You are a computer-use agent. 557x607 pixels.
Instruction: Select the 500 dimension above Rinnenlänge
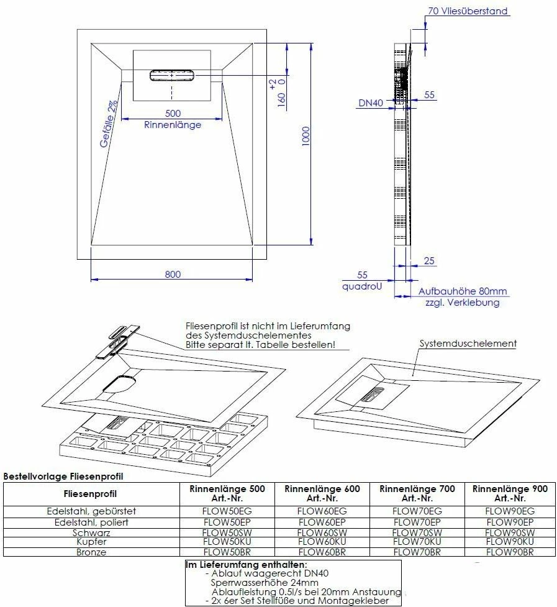pyautogui.click(x=173, y=113)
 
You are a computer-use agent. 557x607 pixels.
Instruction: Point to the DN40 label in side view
pyautogui.click(x=370, y=103)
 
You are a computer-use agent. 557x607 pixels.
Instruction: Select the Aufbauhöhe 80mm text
pyautogui.click(x=463, y=291)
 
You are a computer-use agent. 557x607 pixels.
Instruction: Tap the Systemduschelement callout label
pyautogui.click(x=468, y=343)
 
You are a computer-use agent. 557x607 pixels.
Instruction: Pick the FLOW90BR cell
pyautogui.click(x=509, y=552)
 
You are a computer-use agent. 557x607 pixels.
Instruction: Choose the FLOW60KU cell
pyautogui.click(x=322, y=542)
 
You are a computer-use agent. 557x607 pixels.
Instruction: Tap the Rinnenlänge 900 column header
pyautogui.click(x=509, y=493)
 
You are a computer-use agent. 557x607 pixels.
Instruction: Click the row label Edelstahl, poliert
pyautogui.click(x=91, y=522)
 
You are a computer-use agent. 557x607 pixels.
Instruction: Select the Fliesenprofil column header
pyautogui.click(x=91, y=495)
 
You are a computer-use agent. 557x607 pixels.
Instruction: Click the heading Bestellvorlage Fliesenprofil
pyautogui.click(x=63, y=477)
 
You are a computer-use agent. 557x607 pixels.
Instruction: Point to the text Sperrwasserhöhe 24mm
pyautogui.click(x=264, y=583)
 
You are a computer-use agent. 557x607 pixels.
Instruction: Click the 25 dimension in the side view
pyautogui.click(x=429, y=260)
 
